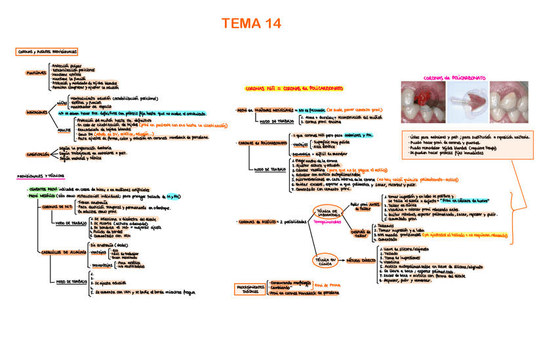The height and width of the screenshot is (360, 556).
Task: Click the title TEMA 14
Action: click(x=252, y=24)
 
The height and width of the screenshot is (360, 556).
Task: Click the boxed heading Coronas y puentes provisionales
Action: click(x=47, y=51)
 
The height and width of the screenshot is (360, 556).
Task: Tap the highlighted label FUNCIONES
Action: click(x=35, y=73)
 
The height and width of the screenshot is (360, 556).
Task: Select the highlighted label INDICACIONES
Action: click(x=37, y=112)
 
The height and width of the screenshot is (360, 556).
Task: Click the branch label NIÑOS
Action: click(x=62, y=103)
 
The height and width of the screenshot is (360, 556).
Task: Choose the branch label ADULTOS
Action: click(x=65, y=130)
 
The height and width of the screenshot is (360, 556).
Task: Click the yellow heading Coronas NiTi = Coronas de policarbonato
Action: click(x=294, y=88)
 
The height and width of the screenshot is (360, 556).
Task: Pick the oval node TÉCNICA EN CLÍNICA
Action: click(x=327, y=261)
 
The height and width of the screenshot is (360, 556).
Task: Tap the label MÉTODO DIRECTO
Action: click(x=360, y=260)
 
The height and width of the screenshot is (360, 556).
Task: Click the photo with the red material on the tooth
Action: click(x=420, y=102)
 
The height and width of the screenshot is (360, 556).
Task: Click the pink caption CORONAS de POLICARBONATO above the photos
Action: click(x=456, y=77)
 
